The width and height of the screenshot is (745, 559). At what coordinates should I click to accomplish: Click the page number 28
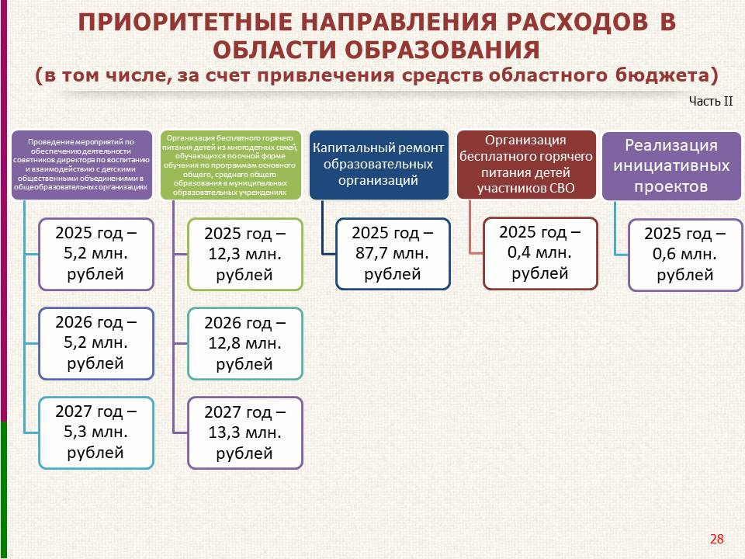(716, 539)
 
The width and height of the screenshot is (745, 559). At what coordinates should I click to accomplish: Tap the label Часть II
(711, 101)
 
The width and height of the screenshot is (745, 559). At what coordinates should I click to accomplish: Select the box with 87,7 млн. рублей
(393, 254)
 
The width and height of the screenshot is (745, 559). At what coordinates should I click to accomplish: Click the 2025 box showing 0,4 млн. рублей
(540, 253)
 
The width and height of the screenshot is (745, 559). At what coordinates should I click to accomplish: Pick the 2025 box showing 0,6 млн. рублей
(685, 255)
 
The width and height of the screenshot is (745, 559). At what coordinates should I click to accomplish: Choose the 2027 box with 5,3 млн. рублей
(96, 432)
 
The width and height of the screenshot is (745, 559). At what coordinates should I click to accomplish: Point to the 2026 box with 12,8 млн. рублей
(244, 343)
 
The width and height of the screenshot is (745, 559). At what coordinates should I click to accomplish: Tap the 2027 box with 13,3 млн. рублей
(244, 432)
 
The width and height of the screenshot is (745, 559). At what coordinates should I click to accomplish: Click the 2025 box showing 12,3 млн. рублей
(244, 255)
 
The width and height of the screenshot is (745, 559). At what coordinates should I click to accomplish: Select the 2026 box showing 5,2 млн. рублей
(96, 343)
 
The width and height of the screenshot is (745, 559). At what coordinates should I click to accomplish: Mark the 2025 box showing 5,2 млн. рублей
(96, 254)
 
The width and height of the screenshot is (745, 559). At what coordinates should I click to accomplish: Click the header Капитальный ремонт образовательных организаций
(379, 165)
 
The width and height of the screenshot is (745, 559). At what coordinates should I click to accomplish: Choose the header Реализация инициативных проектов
(670, 166)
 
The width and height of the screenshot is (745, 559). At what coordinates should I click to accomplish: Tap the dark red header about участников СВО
(526, 165)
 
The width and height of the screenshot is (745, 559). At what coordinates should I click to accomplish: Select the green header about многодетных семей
(230, 165)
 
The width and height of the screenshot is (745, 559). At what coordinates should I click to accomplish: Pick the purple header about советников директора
(81, 165)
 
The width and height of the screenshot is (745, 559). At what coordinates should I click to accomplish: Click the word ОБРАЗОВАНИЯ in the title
(442, 50)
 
